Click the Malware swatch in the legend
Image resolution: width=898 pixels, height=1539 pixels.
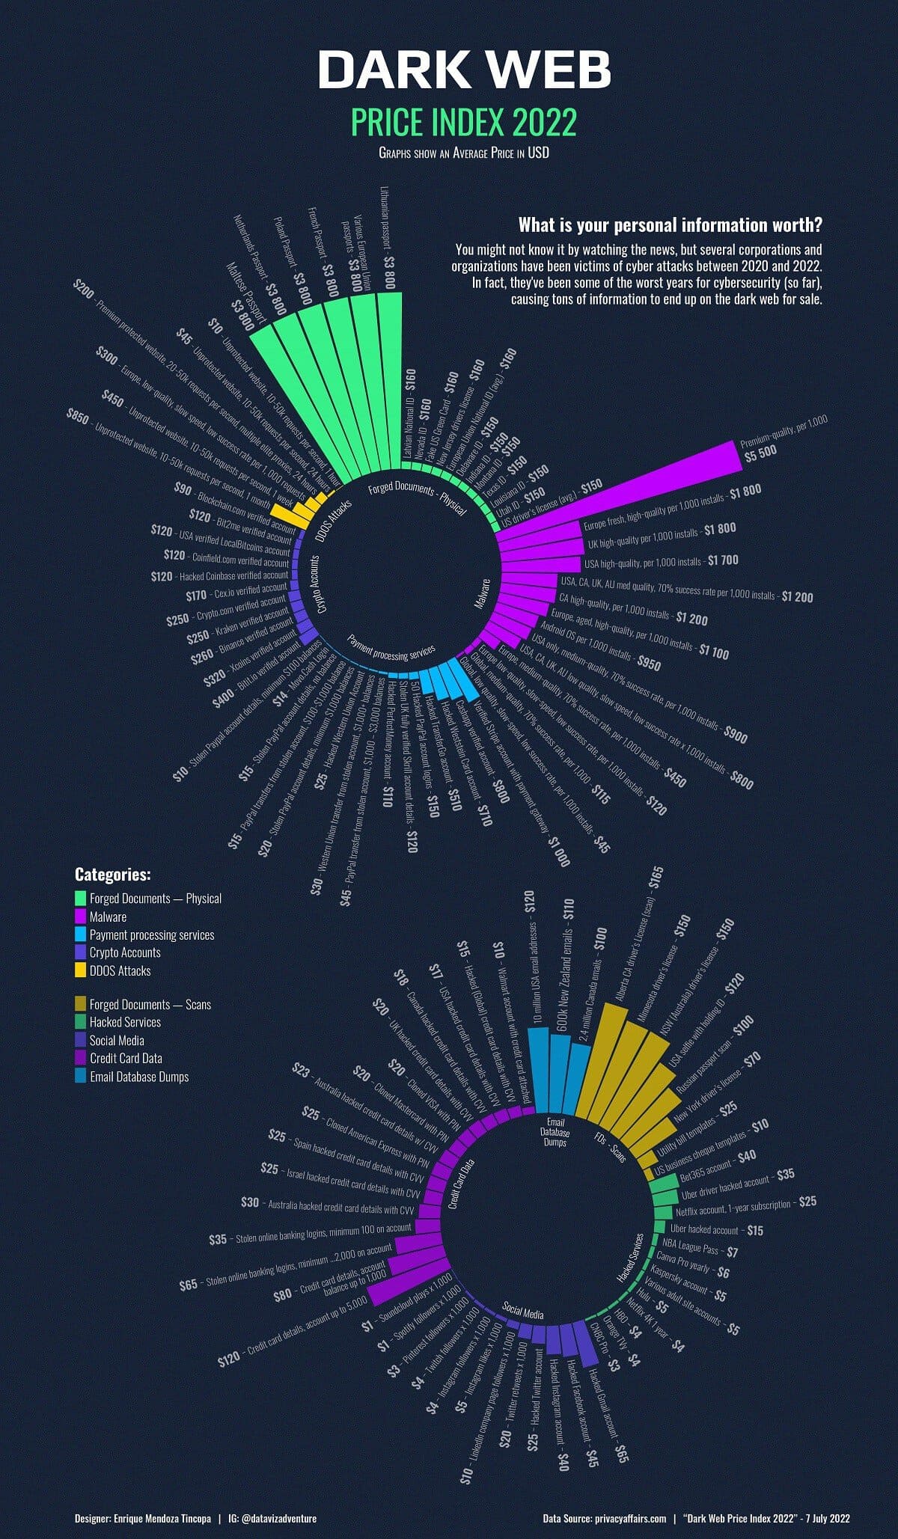[80, 917]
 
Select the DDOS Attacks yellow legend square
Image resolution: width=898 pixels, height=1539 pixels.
[80, 970]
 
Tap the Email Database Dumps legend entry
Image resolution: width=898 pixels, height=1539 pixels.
[138, 1077]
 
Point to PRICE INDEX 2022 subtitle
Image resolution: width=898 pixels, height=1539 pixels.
[464, 122]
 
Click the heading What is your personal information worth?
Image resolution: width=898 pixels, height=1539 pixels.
[671, 225]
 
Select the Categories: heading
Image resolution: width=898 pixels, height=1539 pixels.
[113, 875]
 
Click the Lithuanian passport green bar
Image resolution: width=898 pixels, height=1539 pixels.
[389, 374]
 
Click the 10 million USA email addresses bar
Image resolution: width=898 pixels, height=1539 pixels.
[538, 1070]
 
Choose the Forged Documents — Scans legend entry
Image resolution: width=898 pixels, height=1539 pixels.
[150, 1004]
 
